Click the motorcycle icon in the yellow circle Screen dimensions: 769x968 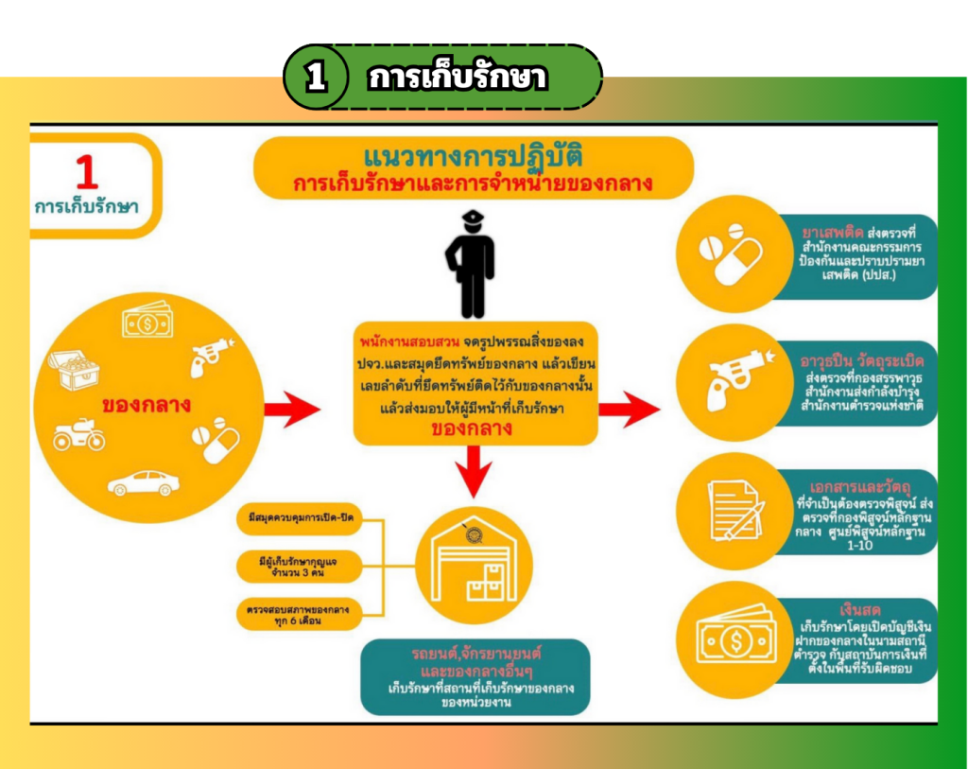point(78,435)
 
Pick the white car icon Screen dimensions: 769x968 point(144,483)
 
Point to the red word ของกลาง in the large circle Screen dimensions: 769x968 point(147,405)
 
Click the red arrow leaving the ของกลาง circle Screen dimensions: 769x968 point(291,410)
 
